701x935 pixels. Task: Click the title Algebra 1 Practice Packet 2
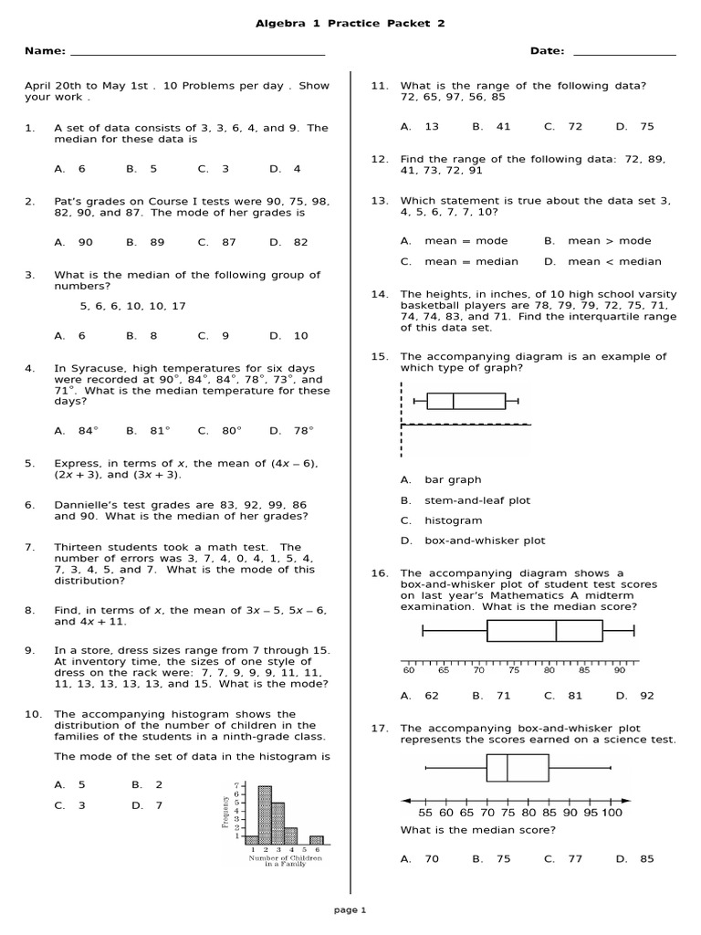350,23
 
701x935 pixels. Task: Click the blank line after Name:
197,52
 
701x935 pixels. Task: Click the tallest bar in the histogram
265,814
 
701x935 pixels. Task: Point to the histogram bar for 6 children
316,839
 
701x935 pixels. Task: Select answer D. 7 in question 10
146,805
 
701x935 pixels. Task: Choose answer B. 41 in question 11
491,127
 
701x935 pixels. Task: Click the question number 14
379,294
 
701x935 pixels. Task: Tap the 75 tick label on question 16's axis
514,670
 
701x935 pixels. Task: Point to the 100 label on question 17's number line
612,813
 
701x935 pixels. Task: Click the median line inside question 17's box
507,768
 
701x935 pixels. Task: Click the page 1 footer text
350,909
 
